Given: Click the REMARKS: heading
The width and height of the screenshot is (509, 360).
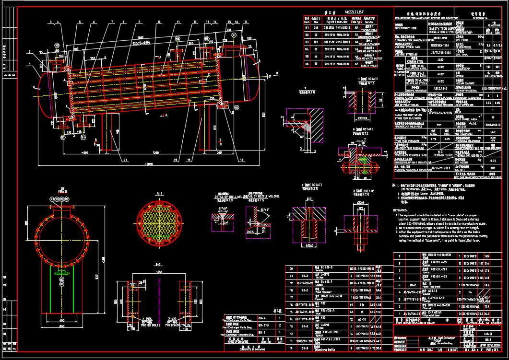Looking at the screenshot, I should point(401,210).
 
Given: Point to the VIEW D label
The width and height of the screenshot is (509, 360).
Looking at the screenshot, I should point(62,191).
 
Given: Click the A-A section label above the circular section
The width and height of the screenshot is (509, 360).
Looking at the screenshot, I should point(159,193).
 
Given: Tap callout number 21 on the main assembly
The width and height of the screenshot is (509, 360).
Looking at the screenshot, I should point(125,160).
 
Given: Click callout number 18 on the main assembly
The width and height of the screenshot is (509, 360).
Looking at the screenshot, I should point(239,160).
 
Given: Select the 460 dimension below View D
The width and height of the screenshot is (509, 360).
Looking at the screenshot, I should point(61,320).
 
